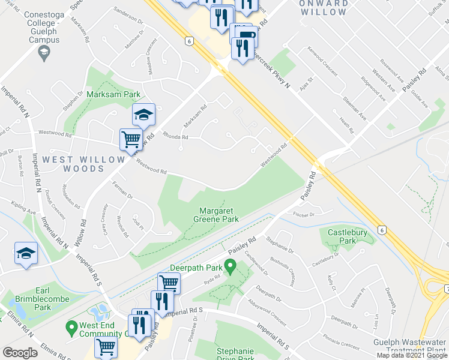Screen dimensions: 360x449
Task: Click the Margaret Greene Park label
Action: point(219,215)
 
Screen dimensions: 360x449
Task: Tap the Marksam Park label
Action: point(113,95)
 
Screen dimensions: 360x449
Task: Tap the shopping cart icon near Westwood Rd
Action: point(131,140)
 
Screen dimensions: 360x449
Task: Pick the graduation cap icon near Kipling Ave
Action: point(26,253)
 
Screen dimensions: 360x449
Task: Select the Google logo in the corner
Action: point(20,353)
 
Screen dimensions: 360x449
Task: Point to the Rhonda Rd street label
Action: point(176,136)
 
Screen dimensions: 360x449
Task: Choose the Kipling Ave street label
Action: point(24,212)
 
